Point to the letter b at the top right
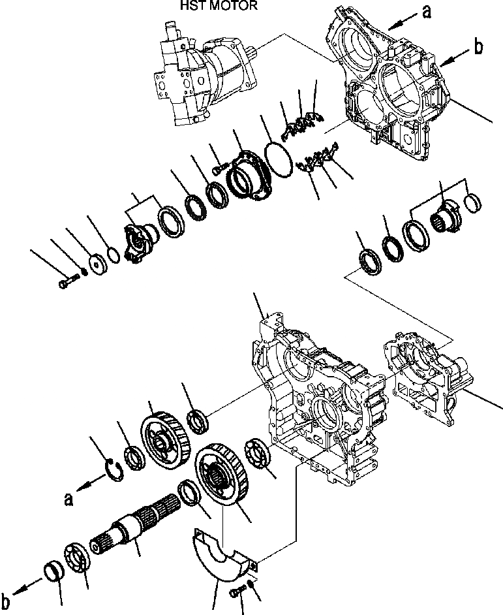(x=478, y=46)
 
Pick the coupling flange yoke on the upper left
(x=138, y=241)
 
